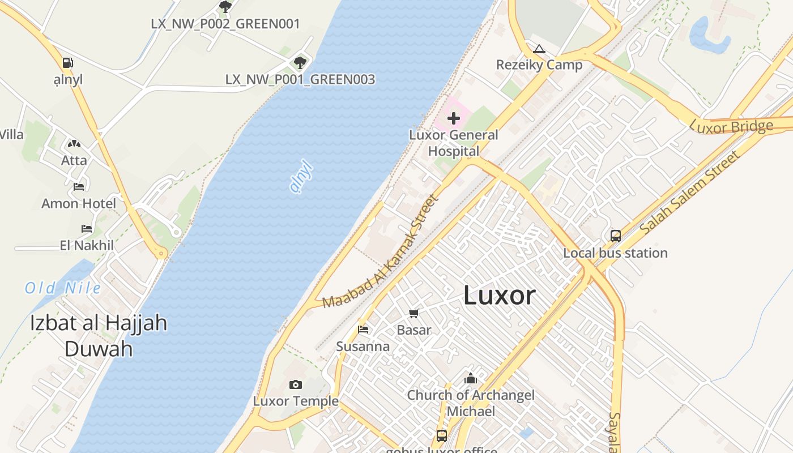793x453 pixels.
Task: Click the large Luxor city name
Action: [499, 295]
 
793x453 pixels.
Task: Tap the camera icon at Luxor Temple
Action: [295, 385]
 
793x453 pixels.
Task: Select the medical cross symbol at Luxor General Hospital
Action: [454, 118]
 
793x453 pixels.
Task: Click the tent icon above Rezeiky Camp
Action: [539, 49]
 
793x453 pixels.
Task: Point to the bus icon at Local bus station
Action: [615, 236]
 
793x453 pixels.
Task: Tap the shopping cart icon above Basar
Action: [414, 313]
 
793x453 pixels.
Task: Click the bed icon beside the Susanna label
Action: [363, 330]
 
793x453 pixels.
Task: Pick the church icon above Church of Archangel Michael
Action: [470, 378]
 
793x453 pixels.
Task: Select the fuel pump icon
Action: [68, 63]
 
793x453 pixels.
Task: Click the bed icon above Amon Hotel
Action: [79, 186]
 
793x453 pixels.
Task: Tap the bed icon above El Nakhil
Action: [87, 229]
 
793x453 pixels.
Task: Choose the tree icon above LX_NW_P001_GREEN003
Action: [300, 62]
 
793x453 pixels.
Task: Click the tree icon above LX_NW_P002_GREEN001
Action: [225, 7]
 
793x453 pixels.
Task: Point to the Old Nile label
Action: [63, 288]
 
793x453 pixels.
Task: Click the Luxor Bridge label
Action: [731, 127]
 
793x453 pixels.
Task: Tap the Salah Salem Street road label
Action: [690, 193]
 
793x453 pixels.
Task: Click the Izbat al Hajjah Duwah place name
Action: [99, 336]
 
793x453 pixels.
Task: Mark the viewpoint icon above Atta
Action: [74, 144]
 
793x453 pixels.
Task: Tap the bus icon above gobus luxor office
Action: [442, 436]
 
